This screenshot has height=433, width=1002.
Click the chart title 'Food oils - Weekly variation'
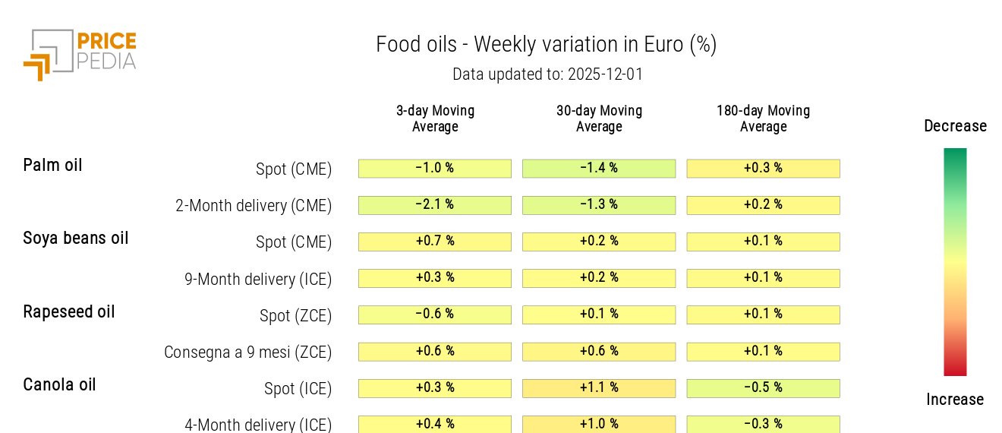click(546, 45)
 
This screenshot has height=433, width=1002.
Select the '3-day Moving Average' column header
click(435, 119)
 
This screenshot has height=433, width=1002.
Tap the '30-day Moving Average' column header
click(599, 119)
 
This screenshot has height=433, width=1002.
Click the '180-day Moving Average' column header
click(763, 119)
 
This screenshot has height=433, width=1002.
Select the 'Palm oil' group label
click(52, 165)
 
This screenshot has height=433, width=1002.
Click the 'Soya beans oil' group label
click(76, 238)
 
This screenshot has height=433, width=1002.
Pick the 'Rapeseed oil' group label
click(69, 311)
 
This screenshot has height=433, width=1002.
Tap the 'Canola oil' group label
click(59, 384)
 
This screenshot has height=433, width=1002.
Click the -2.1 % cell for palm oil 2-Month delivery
click(435, 205)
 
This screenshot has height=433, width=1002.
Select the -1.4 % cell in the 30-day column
click(599, 169)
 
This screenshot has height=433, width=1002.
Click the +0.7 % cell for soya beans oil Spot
click(435, 242)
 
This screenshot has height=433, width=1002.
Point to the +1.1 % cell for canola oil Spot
click(599, 388)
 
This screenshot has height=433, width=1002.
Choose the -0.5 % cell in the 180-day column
click(763, 388)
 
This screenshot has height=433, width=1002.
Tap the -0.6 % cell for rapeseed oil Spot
click(435, 314)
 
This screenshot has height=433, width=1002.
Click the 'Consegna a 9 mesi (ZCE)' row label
click(248, 352)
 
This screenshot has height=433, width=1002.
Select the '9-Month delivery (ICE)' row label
click(258, 279)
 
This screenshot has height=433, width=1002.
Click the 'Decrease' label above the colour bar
click(955, 126)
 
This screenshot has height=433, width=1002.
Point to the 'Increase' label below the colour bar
click(955, 400)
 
